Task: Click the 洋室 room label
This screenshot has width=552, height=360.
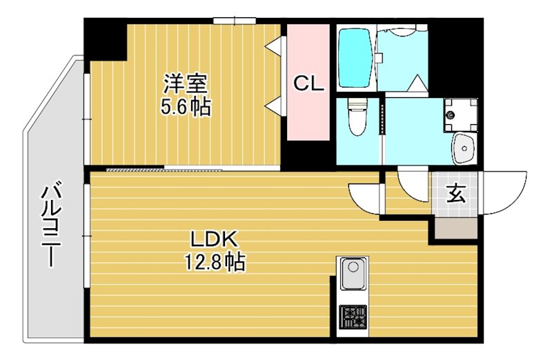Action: coord(186,84)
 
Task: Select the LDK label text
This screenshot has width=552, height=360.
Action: coord(214,239)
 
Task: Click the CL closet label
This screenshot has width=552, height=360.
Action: coord(308,84)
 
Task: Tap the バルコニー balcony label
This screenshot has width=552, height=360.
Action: coord(50,225)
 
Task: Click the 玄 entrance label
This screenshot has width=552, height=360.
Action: coord(455,194)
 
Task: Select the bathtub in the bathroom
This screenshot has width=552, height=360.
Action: coord(356,58)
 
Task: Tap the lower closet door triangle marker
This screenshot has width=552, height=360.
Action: coord(275,106)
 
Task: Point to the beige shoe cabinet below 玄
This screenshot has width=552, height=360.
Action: coord(455,228)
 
